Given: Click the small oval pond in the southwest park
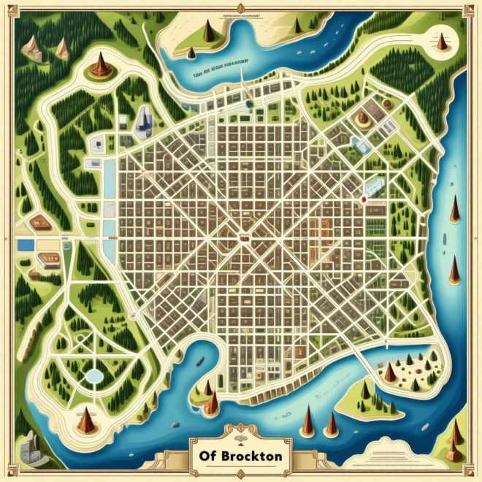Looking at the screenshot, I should click(93, 375).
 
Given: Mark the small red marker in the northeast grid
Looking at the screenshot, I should click(363, 197).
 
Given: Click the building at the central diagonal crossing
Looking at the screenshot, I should click(242, 236).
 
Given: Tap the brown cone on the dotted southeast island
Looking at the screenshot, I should click(391, 372).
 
